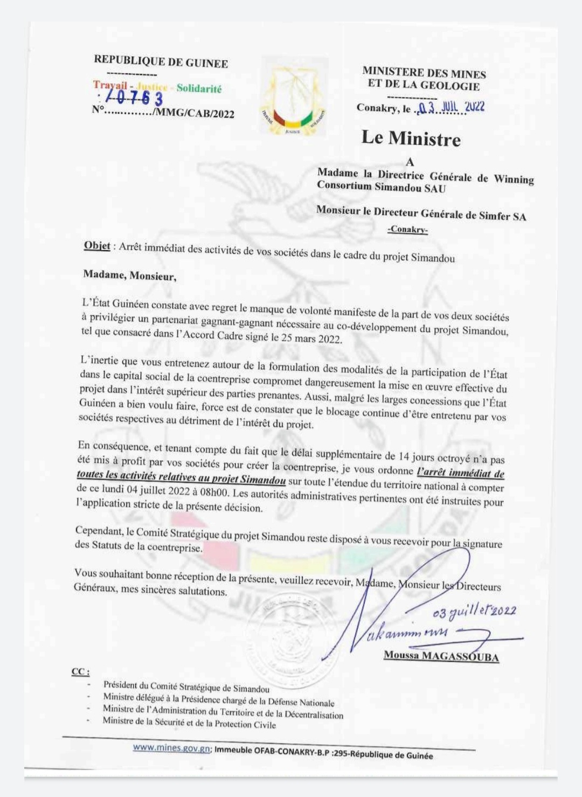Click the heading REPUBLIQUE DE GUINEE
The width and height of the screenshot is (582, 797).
pos(161,62)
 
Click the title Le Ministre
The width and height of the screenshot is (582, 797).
pos(411,138)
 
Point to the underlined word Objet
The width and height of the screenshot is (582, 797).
pos(97,246)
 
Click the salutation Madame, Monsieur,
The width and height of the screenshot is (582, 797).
pos(129,276)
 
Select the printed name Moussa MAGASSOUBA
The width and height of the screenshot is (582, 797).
pos(441,656)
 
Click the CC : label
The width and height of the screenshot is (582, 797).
pos(81,672)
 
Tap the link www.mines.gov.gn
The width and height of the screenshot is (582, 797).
pos(171,748)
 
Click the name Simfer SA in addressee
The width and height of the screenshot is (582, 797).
pos(503,217)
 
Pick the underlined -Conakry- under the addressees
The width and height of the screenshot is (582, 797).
pos(407,230)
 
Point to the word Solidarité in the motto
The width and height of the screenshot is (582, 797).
pos(199,88)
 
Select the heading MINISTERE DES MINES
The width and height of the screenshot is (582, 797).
pos(424,73)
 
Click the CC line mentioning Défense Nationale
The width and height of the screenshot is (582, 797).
pos(219,699)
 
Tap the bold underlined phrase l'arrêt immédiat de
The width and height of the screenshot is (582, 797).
pos(461,473)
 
